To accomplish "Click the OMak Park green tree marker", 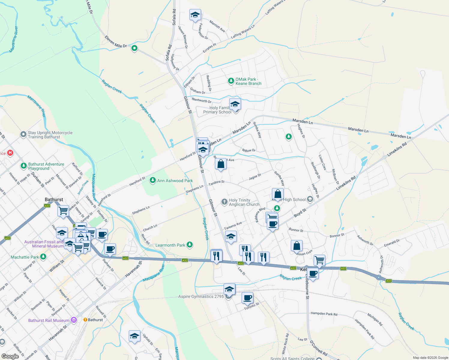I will [231, 81].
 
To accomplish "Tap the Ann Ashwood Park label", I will [175, 181].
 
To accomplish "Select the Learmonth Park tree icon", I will [189, 245].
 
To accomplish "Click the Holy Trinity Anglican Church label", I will [244, 202].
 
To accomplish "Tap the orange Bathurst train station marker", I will [85, 320].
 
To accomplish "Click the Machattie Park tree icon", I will [43, 257].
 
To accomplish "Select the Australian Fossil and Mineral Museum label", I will [44, 244].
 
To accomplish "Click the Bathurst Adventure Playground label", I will [46, 166].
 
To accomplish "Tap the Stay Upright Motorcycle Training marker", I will [23, 134].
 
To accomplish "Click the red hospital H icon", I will [10, 153].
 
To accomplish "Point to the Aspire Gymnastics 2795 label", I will [201, 296].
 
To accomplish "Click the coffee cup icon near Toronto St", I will [247, 298].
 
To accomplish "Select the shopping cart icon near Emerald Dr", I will [319, 260].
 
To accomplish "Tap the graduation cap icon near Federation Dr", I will [195, 14].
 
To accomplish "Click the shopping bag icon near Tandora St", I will [221, 164].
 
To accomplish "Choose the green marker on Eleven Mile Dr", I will [134, 48].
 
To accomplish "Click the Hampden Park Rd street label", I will [324, 314].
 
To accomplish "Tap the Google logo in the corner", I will [10, 356].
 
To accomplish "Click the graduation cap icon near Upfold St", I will [134, 336].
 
